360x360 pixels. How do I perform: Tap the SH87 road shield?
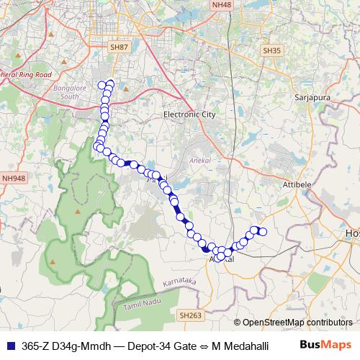click(x=119, y=47)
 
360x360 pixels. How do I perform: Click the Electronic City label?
click(x=189, y=114)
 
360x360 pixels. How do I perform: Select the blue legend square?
click(x=10, y=346)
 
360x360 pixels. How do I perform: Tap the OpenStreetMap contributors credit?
click(x=297, y=322)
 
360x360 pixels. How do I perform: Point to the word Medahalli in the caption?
click(x=246, y=346)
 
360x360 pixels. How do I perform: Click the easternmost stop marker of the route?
click(x=263, y=231)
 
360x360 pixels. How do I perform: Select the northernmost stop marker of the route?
click(x=110, y=82)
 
